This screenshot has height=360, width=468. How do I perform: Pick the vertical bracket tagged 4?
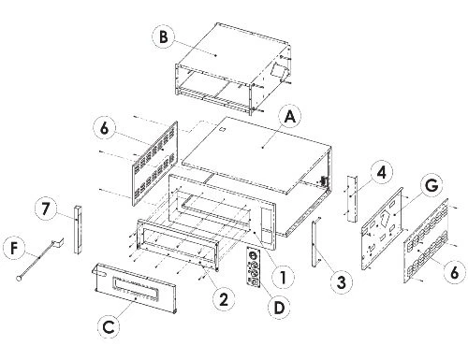click(x=353, y=199)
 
